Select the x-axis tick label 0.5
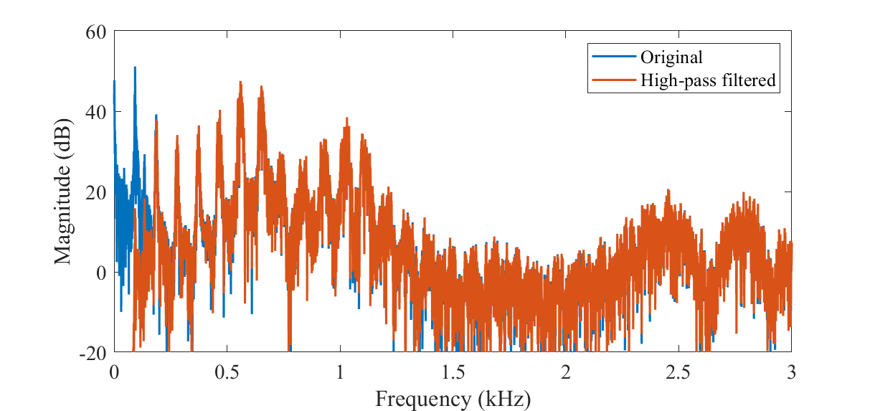click(x=227, y=372)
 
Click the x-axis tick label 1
click(x=340, y=372)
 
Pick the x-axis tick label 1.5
click(x=453, y=372)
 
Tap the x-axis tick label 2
click(x=566, y=372)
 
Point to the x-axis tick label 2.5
click(x=678, y=372)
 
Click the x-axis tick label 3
click(x=791, y=372)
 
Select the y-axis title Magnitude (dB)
click(x=63, y=192)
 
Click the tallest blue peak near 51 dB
click(x=134, y=68)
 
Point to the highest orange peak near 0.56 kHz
click(x=241, y=82)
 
